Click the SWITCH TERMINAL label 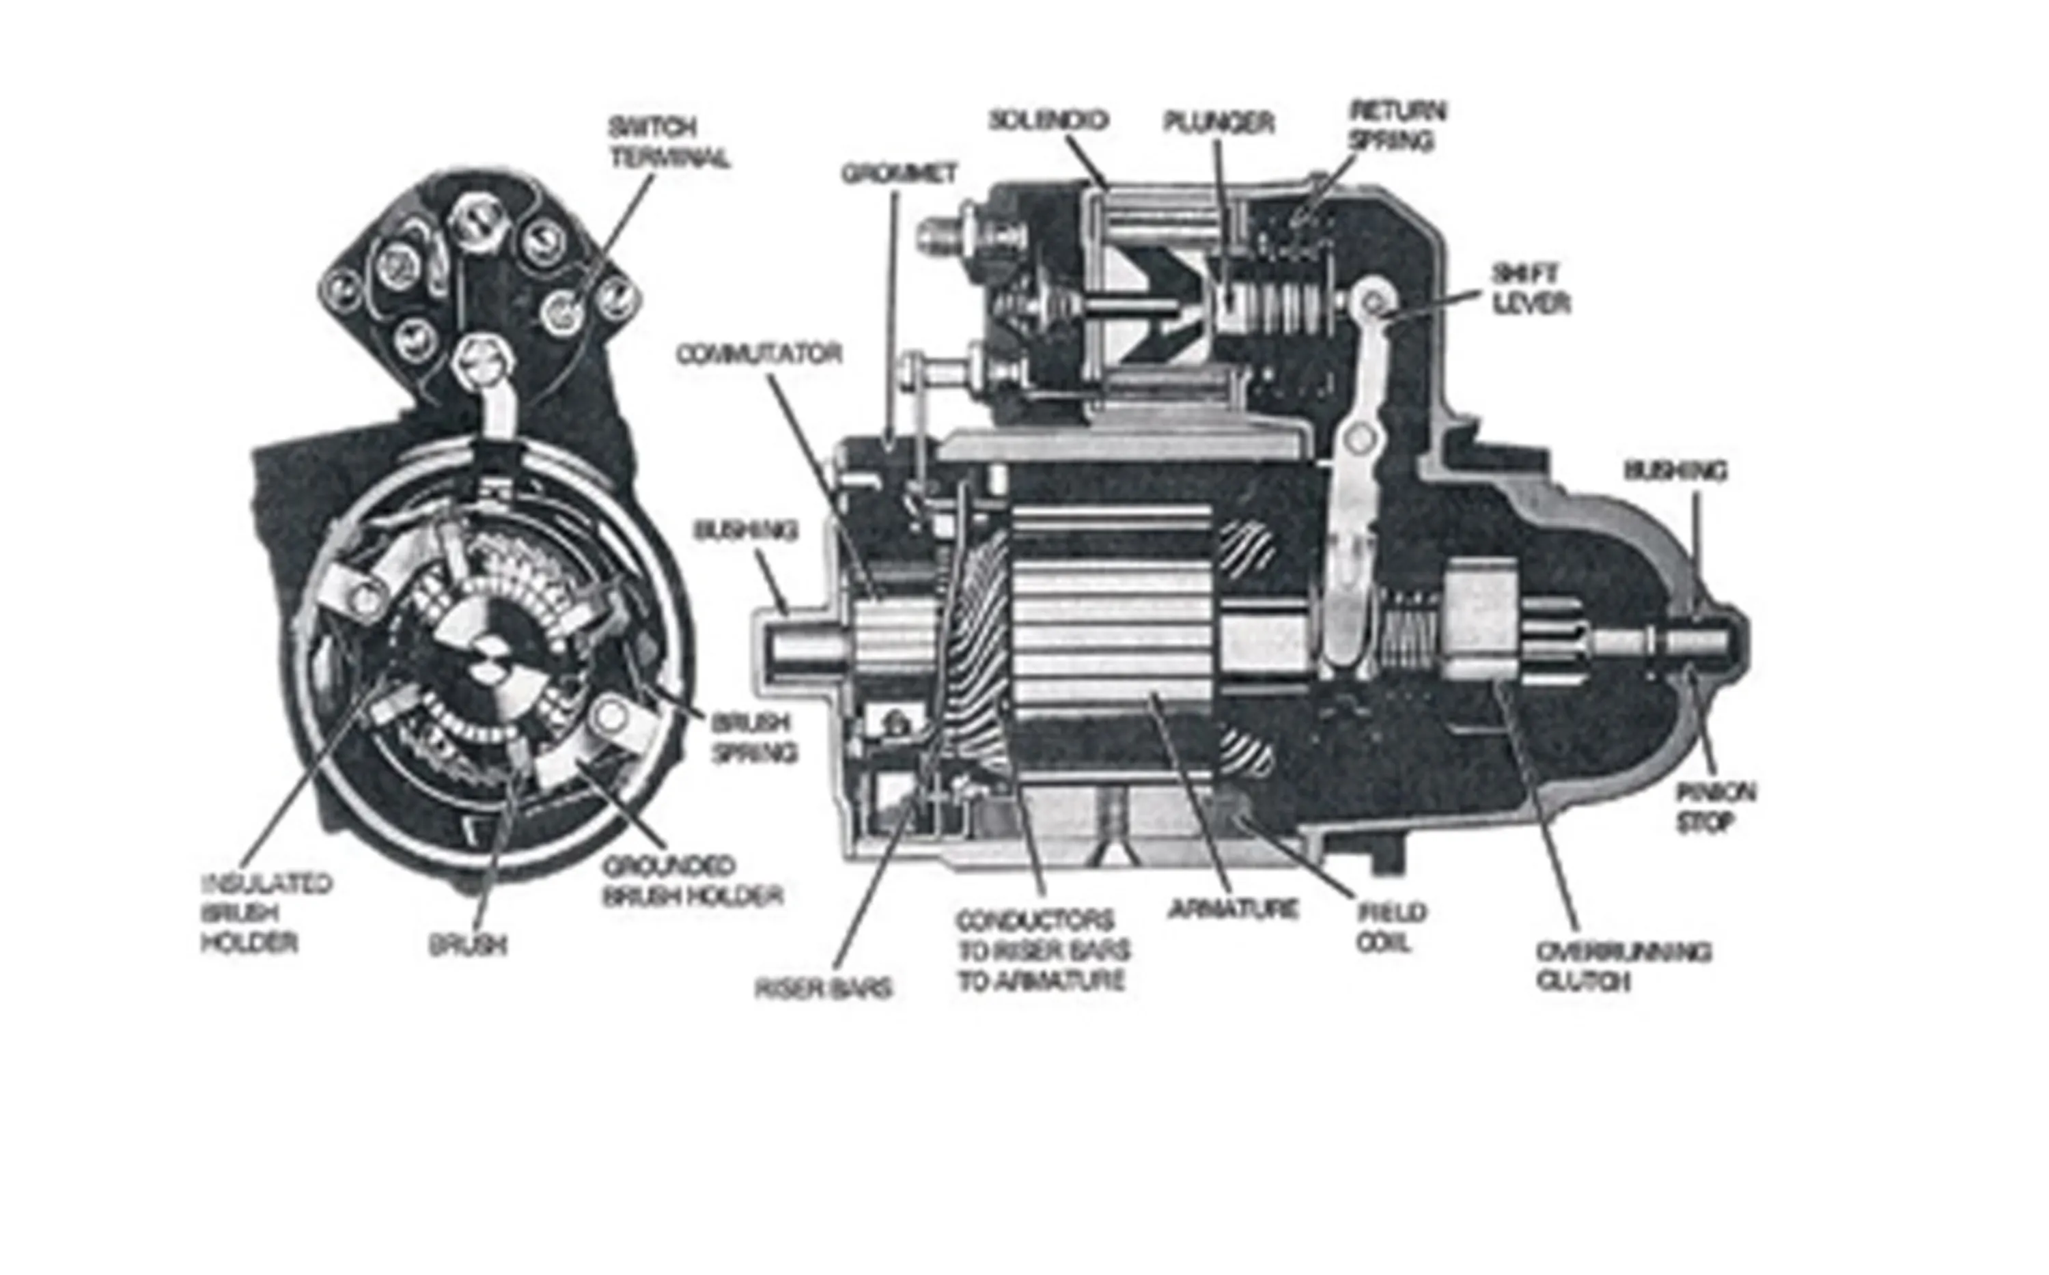pos(669,143)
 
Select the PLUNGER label pos(1218,123)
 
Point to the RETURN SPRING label pos(1398,126)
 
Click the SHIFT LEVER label pos(1531,288)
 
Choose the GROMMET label pos(899,173)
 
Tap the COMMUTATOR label pos(759,354)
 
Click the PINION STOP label pos(1715,807)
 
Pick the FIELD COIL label pos(1391,927)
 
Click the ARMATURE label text pos(1233,910)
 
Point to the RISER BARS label pos(823,989)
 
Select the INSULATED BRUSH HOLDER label pos(266,913)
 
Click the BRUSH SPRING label pos(753,738)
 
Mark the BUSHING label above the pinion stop pos(1675,471)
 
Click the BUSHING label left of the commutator pos(744,531)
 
